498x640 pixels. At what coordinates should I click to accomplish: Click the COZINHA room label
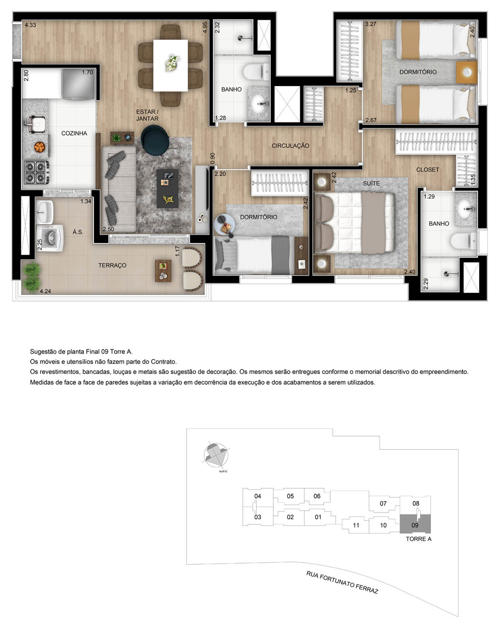(x=74, y=133)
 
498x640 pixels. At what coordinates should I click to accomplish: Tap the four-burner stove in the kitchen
(x=36, y=172)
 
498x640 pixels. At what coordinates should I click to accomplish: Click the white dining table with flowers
(x=170, y=65)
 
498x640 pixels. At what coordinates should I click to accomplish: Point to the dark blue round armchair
(x=155, y=140)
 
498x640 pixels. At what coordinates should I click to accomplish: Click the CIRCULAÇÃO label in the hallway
(x=290, y=145)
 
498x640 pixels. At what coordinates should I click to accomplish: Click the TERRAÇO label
(x=112, y=266)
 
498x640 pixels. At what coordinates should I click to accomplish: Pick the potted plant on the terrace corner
(x=31, y=277)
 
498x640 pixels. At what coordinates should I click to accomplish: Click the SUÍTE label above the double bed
(x=371, y=183)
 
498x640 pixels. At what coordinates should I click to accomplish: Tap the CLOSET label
(x=427, y=170)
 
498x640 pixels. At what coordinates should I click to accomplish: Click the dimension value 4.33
(x=30, y=25)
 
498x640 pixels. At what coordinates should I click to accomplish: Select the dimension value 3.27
(x=371, y=24)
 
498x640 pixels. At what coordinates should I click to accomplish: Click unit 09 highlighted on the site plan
(x=415, y=525)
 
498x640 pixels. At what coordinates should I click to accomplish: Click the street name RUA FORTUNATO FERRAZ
(x=342, y=582)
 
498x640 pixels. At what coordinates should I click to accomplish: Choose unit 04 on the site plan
(x=258, y=496)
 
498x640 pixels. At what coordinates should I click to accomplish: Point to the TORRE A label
(x=418, y=539)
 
